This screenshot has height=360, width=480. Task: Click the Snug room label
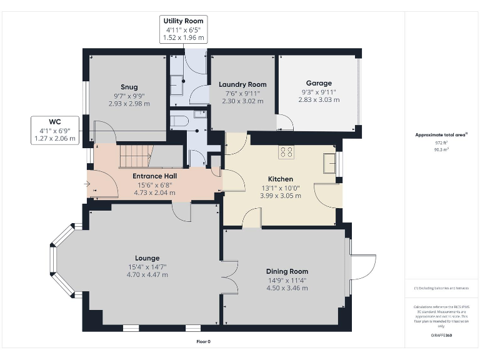[129, 87]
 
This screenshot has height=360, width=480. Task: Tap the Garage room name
[319, 83]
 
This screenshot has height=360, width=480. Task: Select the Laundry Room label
[242, 84]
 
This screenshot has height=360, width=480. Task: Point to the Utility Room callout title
[183, 21]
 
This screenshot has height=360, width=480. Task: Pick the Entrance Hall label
[154, 176]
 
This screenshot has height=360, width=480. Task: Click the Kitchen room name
[281, 179]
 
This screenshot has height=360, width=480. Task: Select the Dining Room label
[287, 271]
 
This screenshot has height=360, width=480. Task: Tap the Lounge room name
[147, 257]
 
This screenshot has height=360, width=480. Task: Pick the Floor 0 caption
[204, 341]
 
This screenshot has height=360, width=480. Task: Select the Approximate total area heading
[440, 134]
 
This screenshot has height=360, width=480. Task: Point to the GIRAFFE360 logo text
[441, 336]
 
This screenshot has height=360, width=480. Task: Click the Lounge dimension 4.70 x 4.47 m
[147, 274]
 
